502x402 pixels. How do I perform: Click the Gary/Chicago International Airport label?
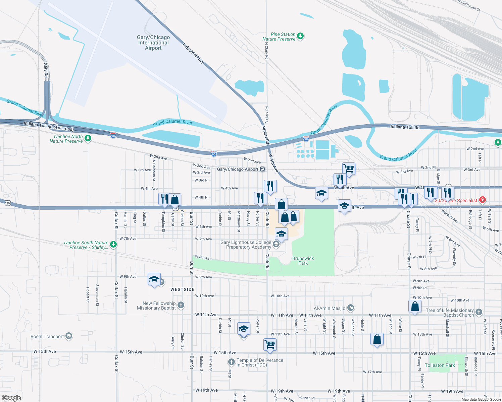(x=153, y=43)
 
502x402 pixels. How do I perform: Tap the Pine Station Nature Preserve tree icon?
(x=300, y=36)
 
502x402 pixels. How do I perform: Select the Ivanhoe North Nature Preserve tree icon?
(x=88, y=138)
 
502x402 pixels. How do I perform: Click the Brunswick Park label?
(x=303, y=261)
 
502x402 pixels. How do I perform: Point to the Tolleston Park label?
(x=440, y=365)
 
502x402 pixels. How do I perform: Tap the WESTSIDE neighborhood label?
(x=182, y=289)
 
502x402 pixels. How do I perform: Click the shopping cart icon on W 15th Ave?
(x=270, y=344)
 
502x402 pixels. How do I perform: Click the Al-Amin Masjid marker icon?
(x=351, y=308)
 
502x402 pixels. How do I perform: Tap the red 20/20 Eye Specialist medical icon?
(x=483, y=200)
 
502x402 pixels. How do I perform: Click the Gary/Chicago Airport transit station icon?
(x=262, y=169)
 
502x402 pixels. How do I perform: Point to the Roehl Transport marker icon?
(x=69, y=336)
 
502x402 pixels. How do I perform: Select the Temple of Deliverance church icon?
(x=231, y=362)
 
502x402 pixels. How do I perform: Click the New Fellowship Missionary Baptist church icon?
(x=181, y=305)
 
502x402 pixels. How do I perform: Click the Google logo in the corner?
(x=11, y=398)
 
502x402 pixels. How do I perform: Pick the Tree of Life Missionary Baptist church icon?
(x=479, y=312)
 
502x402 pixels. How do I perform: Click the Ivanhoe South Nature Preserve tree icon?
(x=113, y=245)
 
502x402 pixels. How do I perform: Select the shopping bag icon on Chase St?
(x=415, y=306)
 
